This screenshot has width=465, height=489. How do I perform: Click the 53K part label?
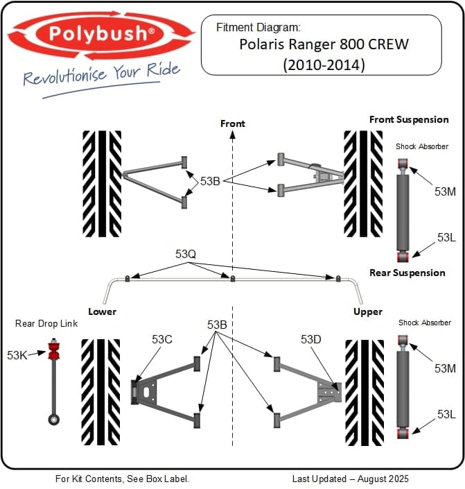click(17, 354)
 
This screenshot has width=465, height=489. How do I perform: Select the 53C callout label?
click(162, 339)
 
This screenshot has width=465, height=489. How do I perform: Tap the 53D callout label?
click(310, 339)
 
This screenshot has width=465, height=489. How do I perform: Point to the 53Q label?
click(186, 255)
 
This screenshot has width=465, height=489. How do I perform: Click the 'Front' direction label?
click(233, 123)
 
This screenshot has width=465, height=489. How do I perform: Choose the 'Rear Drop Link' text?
click(46, 323)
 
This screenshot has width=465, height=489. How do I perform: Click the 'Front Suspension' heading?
click(409, 119)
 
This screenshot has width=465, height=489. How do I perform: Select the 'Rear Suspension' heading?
click(407, 273)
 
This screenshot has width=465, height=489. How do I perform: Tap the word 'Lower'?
click(102, 311)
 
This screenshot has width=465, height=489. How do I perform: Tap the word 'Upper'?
click(367, 311)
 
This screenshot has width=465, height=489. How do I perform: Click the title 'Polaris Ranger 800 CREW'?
click(324, 45)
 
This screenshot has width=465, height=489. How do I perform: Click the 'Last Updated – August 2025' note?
click(350, 479)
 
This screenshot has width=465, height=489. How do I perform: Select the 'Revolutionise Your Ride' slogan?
click(101, 74)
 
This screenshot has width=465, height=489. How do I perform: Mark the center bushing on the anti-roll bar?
click(233, 279)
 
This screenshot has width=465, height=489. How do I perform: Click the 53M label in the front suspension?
click(445, 191)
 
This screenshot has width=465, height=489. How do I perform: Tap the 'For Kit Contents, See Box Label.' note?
click(122, 479)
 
